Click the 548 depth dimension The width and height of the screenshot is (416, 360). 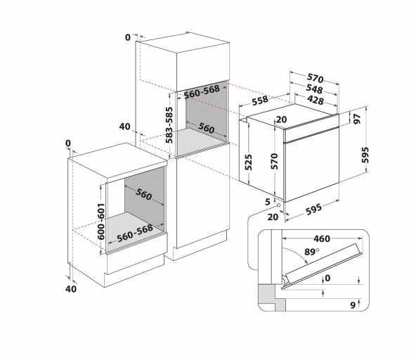(x=314, y=89)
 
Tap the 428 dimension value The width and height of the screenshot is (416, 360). (x=314, y=101)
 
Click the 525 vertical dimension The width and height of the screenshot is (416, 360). (x=247, y=163)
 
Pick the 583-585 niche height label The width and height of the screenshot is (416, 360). (x=169, y=124)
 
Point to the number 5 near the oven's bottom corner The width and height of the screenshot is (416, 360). (x=268, y=202)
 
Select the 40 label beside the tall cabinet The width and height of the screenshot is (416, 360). (x=125, y=127)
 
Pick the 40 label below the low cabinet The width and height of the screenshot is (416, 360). (x=70, y=288)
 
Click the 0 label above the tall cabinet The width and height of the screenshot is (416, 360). (x=128, y=37)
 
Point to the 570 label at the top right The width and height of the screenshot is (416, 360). (x=314, y=78)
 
